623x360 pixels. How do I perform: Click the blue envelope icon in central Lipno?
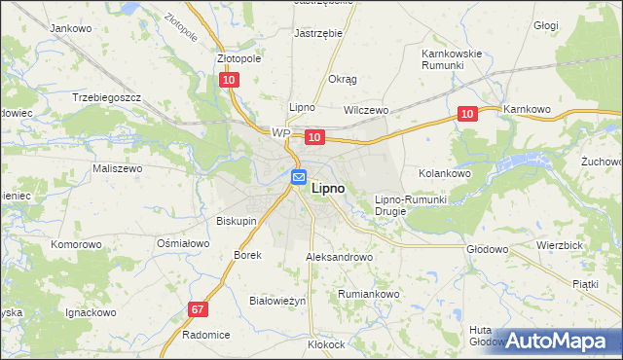299,177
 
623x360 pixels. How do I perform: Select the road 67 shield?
199,309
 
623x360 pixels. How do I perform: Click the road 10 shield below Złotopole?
229,81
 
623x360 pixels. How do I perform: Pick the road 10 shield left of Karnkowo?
468,115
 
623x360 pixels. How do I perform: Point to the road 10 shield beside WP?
313,139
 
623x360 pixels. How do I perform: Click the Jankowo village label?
70,28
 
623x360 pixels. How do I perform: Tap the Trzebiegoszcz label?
107,98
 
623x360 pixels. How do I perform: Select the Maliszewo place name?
118,168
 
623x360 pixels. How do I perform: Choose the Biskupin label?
237,221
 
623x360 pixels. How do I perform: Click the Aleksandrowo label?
340,258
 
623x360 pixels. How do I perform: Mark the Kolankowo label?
445,172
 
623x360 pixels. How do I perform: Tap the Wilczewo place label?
366,111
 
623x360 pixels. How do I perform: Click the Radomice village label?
206,334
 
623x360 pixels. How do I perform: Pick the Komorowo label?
77,244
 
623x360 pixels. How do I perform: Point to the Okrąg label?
343,79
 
